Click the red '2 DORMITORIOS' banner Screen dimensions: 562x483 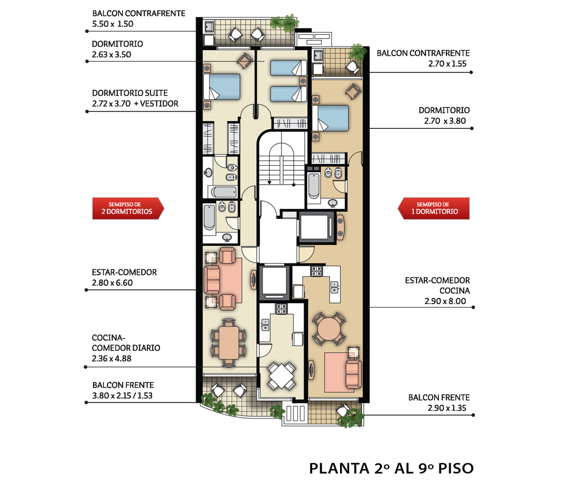[128, 208]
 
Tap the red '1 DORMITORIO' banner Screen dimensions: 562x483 [434, 208]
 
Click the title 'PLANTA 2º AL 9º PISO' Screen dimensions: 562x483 [391, 469]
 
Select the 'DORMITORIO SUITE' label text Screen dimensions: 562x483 [129, 93]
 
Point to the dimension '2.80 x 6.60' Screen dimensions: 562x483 [112, 283]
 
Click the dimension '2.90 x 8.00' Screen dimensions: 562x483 [445, 301]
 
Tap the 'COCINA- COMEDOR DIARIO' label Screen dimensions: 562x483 [126, 342]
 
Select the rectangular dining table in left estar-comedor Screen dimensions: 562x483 [229, 342]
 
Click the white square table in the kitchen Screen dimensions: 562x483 [282, 376]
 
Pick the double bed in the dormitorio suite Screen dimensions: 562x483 [221, 86]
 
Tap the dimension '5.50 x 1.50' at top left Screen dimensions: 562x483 [112, 24]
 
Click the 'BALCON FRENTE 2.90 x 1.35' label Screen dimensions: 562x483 [439, 403]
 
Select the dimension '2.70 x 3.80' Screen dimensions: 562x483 [445, 121]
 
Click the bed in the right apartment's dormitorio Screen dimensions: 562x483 [330, 118]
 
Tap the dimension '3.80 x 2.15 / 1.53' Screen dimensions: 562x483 [122, 396]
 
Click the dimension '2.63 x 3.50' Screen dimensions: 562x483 [111, 54]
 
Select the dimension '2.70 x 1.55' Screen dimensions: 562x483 [448, 64]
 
